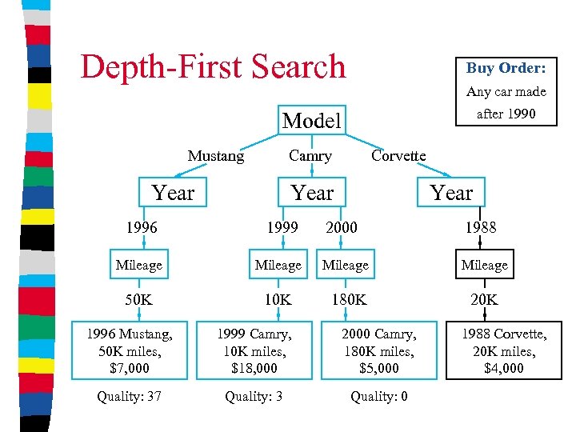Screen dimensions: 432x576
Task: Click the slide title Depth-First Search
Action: [213, 66]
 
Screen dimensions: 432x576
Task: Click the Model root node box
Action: [311, 121]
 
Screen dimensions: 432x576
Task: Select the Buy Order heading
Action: [506, 68]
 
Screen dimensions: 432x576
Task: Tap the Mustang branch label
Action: [216, 156]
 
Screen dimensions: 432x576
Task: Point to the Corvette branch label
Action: [398, 156]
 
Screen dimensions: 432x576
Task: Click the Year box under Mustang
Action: [173, 193]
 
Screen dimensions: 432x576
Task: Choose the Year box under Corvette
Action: [451, 193]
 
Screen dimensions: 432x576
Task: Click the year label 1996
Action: [141, 227]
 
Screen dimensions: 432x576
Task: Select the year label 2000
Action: [341, 227]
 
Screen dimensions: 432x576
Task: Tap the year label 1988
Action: [480, 227]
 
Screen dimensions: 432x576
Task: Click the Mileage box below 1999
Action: [278, 265]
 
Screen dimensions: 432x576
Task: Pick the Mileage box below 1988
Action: [484, 265]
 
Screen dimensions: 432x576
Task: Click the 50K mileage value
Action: [139, 300]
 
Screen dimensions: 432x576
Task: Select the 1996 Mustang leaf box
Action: [128, 350]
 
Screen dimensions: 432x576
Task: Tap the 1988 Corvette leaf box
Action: [503, 350]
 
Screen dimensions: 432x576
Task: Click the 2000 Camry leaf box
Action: [379, 350]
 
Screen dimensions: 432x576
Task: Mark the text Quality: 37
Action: [129, 396]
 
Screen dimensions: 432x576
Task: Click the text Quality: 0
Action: [378, 396]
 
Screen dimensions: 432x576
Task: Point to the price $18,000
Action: [255, 368]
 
